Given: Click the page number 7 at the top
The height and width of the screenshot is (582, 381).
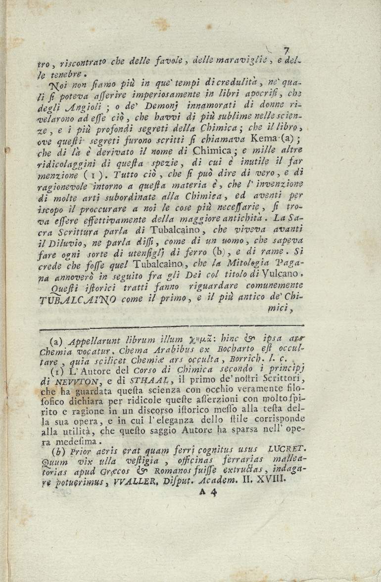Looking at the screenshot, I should coord(286,50).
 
